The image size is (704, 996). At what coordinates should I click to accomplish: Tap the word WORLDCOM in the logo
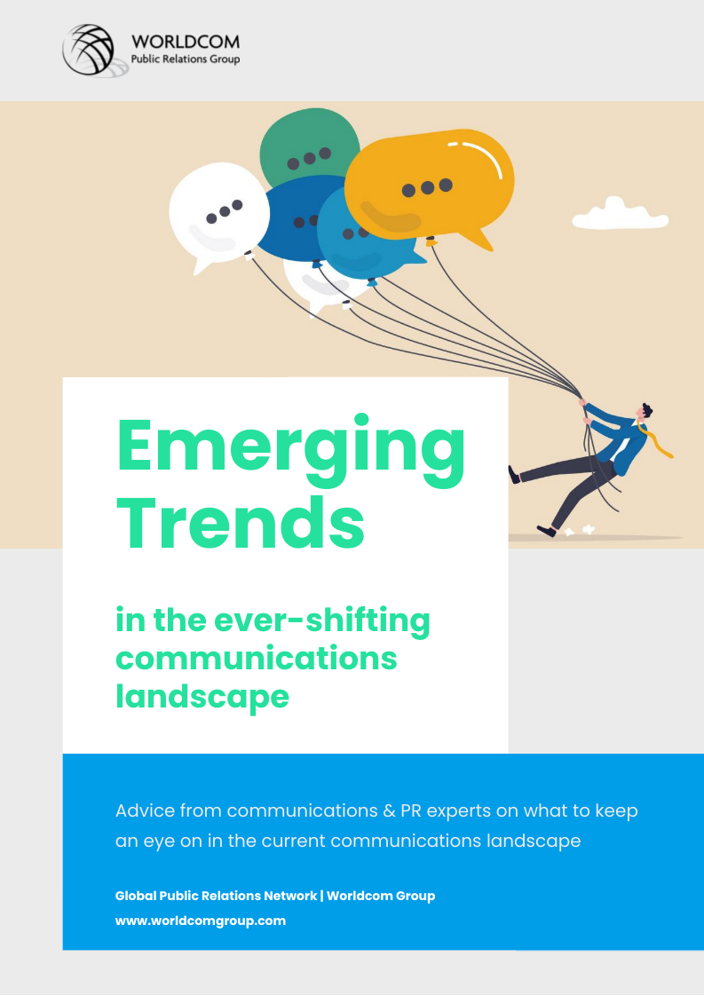[185, 42]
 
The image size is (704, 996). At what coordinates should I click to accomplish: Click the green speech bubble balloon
[310, 146]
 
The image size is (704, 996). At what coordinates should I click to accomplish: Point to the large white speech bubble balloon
[218, 215]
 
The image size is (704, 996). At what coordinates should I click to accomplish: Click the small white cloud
[621, 214]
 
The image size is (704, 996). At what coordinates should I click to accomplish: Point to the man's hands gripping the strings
[582, 409]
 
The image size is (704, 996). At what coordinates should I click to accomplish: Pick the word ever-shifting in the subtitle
[322, 621]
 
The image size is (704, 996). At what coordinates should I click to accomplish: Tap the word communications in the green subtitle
[256, 658]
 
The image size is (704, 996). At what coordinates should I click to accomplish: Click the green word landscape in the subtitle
[202, 696]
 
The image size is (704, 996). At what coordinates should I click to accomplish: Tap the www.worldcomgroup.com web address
[200, 921]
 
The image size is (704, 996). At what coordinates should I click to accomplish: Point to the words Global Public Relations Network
[216, 896]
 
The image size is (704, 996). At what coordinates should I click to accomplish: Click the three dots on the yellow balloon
[428, 187]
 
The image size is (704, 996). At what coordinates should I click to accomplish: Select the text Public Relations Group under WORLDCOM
[185, 59]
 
